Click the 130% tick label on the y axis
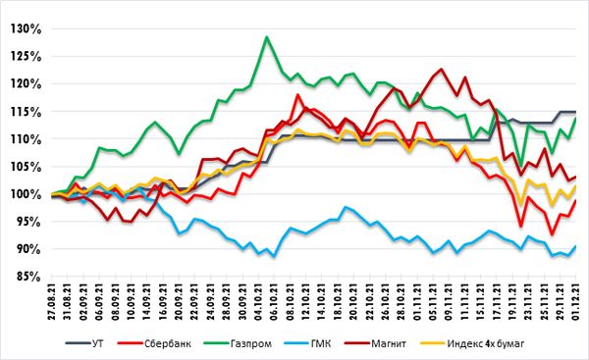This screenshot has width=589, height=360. [26, 28]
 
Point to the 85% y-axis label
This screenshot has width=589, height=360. [28, 277]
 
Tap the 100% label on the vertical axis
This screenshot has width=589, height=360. [26, 194]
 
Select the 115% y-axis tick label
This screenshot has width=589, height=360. [26, 112]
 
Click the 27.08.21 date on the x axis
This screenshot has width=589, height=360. [52, 302]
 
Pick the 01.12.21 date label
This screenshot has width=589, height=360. [575, 302]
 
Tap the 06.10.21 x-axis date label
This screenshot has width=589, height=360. [274, 302]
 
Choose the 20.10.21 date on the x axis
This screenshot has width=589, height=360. [353, 302]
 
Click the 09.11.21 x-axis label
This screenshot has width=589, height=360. [449, 302]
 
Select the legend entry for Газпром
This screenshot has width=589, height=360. [238, 343]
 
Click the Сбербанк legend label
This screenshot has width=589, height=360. [154, 343]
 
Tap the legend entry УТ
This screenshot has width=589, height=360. [84, 343]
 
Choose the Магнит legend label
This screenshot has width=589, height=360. [376, 343]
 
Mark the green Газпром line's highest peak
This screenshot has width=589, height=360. [266, 37]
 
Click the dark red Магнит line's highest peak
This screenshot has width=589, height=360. [441, 69]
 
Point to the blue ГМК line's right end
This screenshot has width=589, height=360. [575, 246]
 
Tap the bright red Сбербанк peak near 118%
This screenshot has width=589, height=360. [298, 94]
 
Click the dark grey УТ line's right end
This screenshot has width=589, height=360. [575, 112]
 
